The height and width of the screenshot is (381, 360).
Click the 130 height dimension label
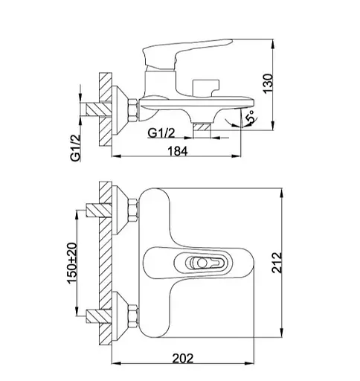point(268,83)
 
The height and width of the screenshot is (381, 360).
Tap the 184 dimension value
point(178,151)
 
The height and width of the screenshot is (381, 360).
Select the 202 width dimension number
point(183,359)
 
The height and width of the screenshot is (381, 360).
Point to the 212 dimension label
point(277,263)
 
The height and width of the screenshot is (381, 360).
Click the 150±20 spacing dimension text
point(72,263)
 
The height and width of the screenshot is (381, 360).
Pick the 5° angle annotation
point(251,117)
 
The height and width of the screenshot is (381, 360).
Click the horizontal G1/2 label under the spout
point(161,133)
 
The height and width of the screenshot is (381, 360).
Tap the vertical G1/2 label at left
point(76,148)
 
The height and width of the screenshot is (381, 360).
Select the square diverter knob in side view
point(206,88)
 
